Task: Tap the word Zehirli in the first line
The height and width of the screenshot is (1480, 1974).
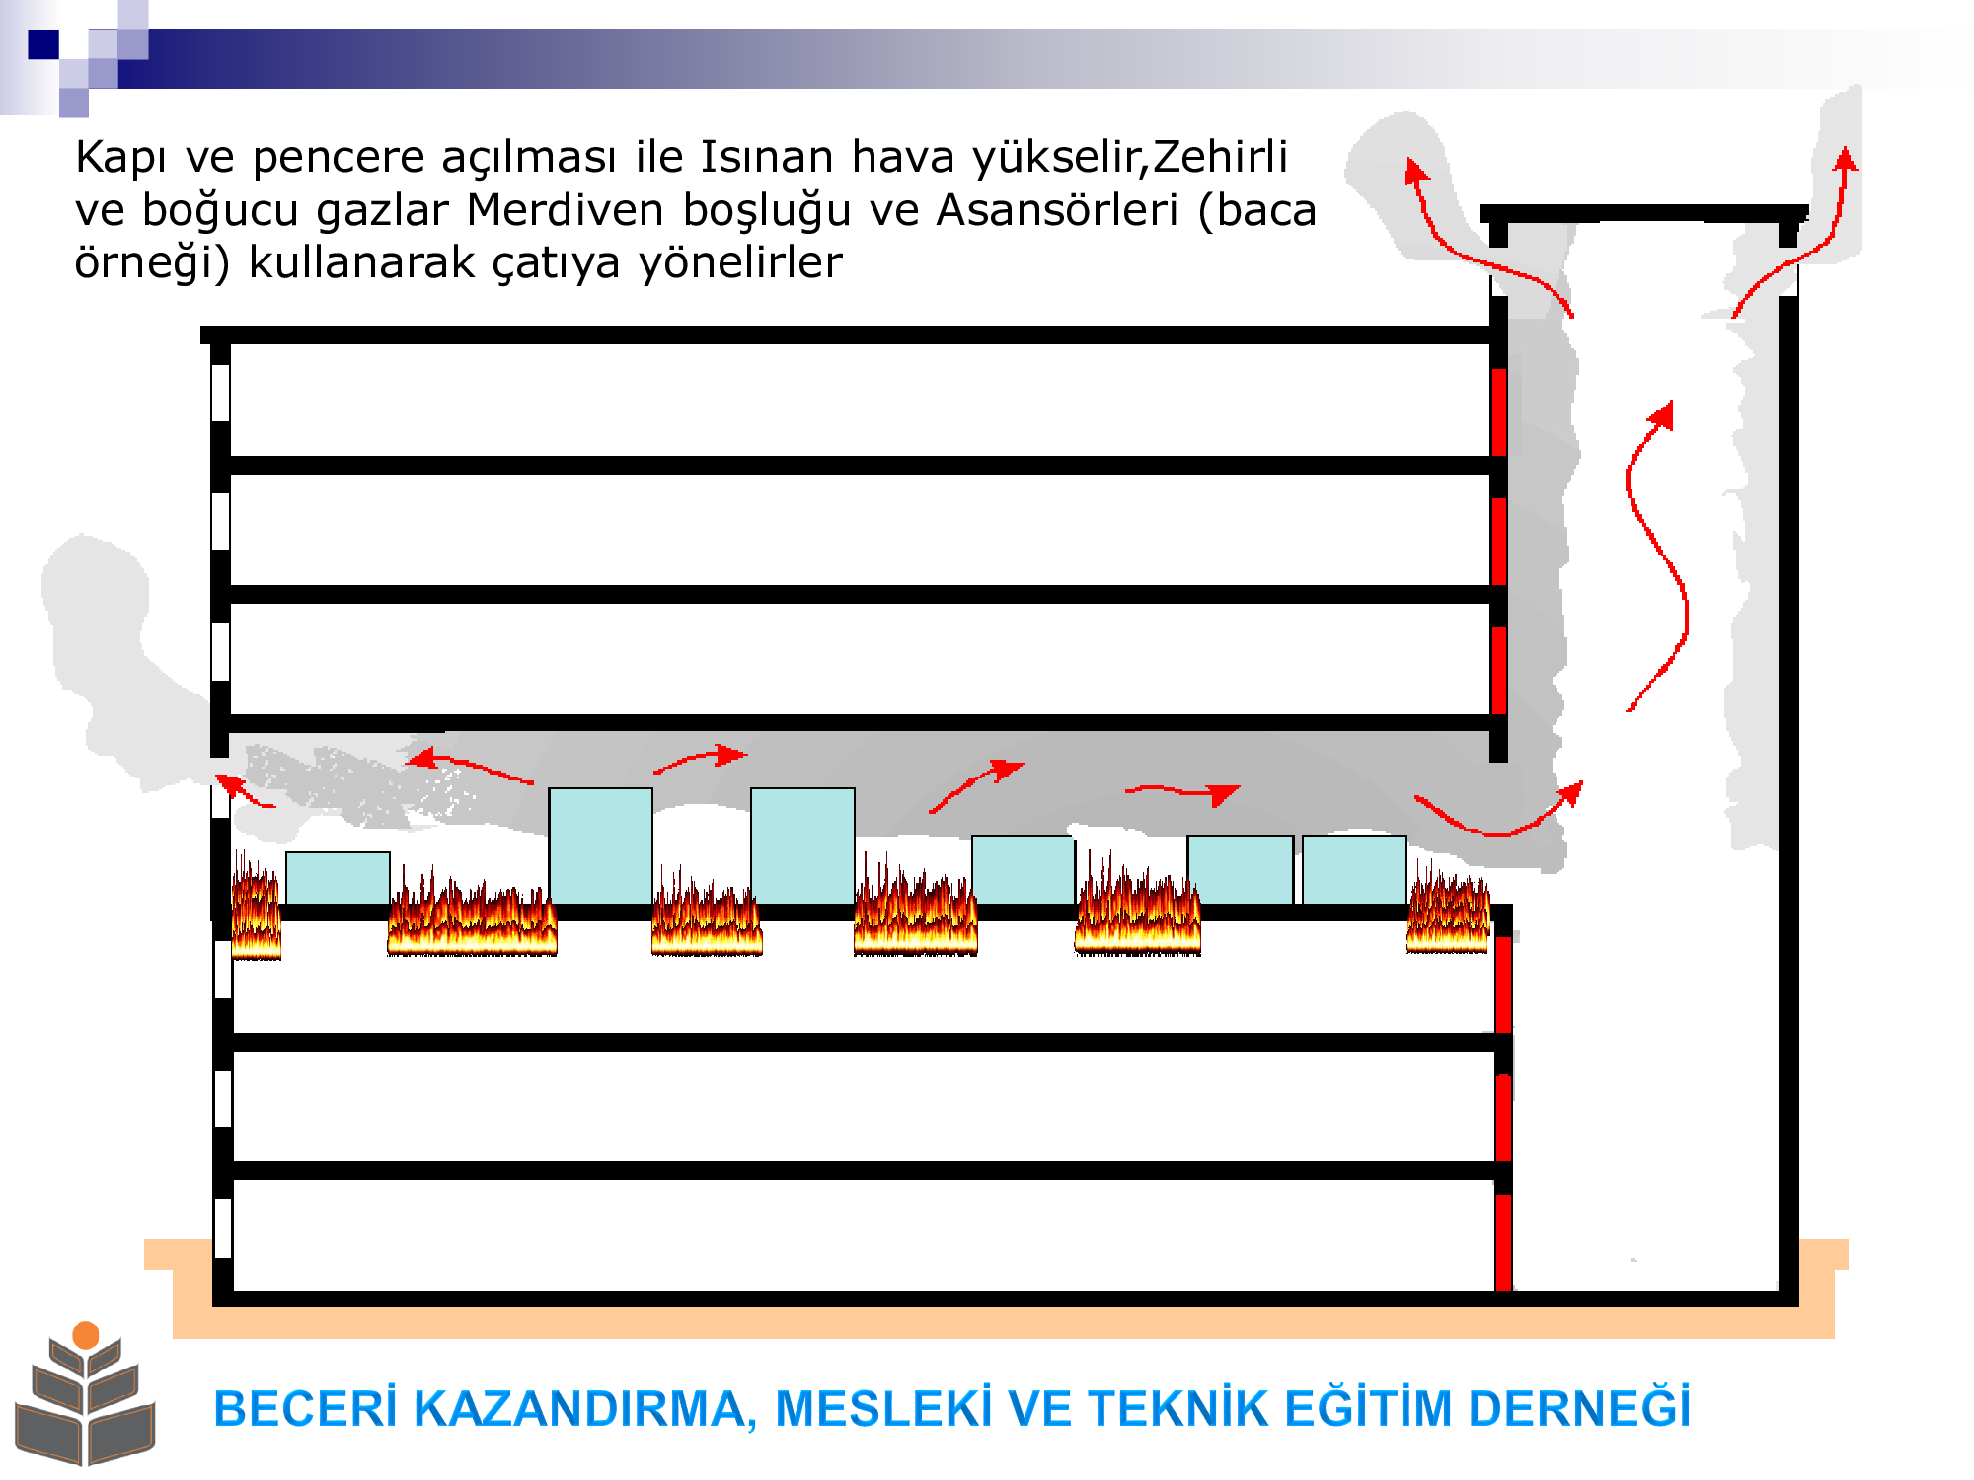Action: (1220, 157)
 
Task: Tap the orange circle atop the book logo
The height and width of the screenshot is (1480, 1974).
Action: (86, 1335)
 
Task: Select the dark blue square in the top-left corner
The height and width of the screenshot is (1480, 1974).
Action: (43, 44)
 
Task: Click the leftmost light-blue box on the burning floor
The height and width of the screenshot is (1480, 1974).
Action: (338, 878)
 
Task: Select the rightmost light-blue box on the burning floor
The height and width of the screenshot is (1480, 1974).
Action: (1354, 870)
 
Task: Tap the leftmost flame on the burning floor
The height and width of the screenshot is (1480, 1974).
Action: (256, 905)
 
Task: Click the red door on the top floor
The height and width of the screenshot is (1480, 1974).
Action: (1498, 411)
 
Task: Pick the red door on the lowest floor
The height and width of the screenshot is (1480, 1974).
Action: (1503, 1242)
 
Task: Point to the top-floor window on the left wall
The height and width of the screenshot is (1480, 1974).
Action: (221, 393)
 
